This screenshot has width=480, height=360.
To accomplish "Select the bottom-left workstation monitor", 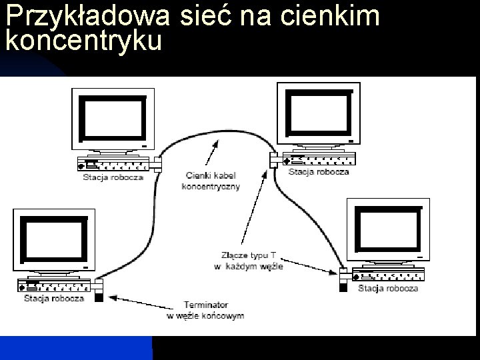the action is (53, 239).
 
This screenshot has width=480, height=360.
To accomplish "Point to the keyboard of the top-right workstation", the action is (319, 160).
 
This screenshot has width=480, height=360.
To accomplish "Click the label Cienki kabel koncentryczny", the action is (210, 181).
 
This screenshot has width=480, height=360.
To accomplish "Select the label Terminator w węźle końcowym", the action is (205, 310).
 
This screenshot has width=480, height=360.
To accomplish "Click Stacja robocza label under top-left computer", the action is (113, 178).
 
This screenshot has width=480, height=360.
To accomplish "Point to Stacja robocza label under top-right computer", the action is (319, 172).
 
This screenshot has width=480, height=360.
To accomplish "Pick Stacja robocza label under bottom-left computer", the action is (53, 298).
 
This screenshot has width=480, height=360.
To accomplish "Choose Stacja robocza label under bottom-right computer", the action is (388, 288).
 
